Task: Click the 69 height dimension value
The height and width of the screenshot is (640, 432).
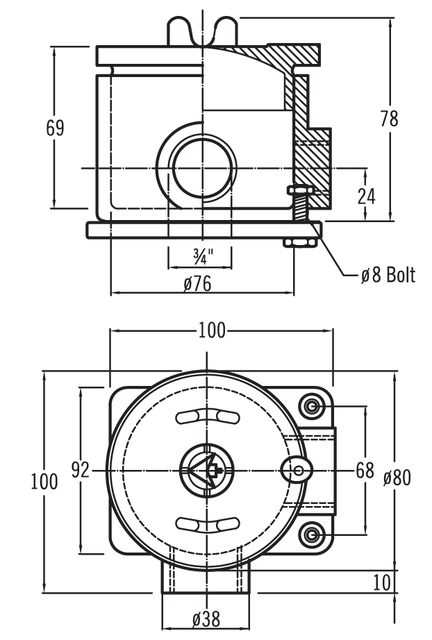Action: point(55,128)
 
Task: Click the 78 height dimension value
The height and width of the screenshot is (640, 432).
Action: point(390,119)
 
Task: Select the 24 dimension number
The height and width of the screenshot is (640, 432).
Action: point(366,196)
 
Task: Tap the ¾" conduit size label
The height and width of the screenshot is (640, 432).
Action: point(201,257)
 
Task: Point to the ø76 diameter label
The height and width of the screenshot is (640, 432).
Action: point(198,284)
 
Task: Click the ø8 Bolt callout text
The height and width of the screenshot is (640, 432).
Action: point(388,276)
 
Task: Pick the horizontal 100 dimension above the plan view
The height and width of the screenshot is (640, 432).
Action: point(211,330)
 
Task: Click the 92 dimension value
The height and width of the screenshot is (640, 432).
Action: point(81,471)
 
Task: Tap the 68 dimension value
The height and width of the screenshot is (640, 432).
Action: point(365,471)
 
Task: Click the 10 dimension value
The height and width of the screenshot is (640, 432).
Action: point(381,582)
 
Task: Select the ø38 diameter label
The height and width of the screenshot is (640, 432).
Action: point(206,618)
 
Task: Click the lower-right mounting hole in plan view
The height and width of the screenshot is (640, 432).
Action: point(313,534)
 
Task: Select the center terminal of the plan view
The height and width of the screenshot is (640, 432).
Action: point(206,471)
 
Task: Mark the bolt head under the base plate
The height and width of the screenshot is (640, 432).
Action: point(300,242)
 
